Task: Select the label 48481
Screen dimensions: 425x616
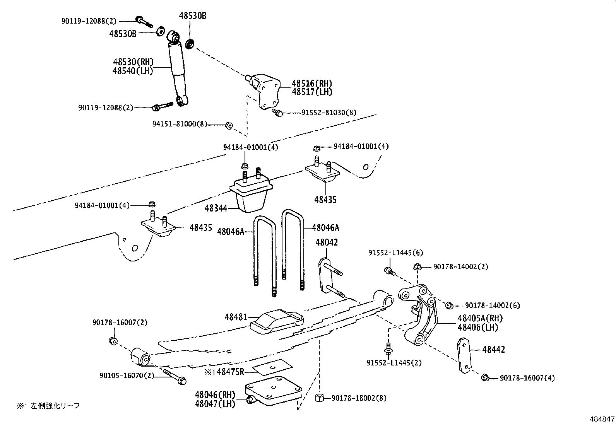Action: (x=236, y=317)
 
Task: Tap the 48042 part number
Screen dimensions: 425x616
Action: (x=326, y=242)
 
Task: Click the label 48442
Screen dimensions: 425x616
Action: (x=493, y=350)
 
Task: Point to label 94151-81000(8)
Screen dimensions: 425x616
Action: (x=180, y=124)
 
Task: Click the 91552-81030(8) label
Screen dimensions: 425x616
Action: (x=329, y=113)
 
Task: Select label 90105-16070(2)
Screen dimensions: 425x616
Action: (x=127, y=375)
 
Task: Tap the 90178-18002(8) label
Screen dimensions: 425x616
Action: (x=359, y=398)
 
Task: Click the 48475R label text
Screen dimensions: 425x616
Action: (x=230, y=372)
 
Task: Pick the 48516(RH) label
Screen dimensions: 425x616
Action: (x=312, y=84)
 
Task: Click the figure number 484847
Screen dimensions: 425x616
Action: (x=602, y=419)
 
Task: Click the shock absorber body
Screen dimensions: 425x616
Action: (x=177, y=68)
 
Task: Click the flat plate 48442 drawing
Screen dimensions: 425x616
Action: (x=464, y=355)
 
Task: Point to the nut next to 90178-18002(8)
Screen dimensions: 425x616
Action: (x=320, y=398)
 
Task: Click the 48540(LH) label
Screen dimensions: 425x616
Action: (x=133, y=71)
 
